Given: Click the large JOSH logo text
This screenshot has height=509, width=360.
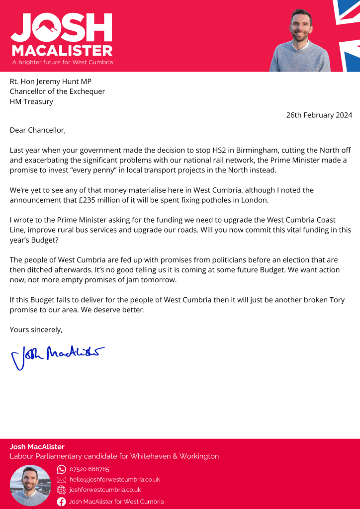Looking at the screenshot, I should pos(61,27).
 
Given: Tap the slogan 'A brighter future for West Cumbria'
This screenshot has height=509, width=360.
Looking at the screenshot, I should pos(62,63).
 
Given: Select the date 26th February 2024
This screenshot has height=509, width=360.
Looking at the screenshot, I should pos(319,115).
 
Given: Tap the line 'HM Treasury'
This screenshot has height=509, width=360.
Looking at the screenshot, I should pos(31,101).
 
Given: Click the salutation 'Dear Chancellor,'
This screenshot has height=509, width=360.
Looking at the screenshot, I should pos(38,130).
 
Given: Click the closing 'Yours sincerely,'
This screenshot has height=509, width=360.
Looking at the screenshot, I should pos(36,330).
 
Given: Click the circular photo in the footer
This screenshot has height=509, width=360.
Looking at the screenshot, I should pos(30,485).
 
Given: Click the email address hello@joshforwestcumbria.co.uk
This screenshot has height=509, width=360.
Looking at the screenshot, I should pos(114,480).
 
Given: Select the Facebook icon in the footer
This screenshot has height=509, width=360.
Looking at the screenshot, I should pos(62,502).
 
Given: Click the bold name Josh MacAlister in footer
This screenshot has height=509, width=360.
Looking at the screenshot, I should pos(37,447).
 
